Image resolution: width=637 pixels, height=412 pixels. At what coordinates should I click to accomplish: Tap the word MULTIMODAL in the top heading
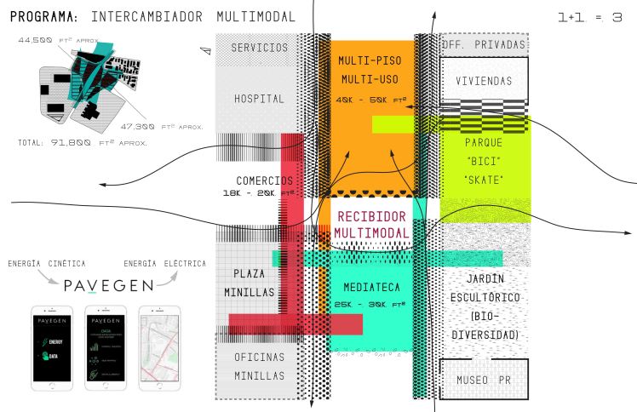256,16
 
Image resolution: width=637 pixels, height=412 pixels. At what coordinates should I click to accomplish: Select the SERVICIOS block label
259,48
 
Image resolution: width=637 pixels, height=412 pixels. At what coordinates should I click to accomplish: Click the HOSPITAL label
259,99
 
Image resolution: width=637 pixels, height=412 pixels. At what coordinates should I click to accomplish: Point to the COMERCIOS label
264,180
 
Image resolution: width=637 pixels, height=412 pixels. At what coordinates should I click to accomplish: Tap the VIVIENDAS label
483,82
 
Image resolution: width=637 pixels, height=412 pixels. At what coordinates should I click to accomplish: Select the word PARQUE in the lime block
483,142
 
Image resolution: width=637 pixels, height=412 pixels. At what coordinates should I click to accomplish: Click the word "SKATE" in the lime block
483,179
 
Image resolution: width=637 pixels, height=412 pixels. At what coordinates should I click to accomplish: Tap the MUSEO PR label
483,379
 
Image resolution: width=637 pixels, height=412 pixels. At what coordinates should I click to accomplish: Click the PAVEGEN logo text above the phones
109,284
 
